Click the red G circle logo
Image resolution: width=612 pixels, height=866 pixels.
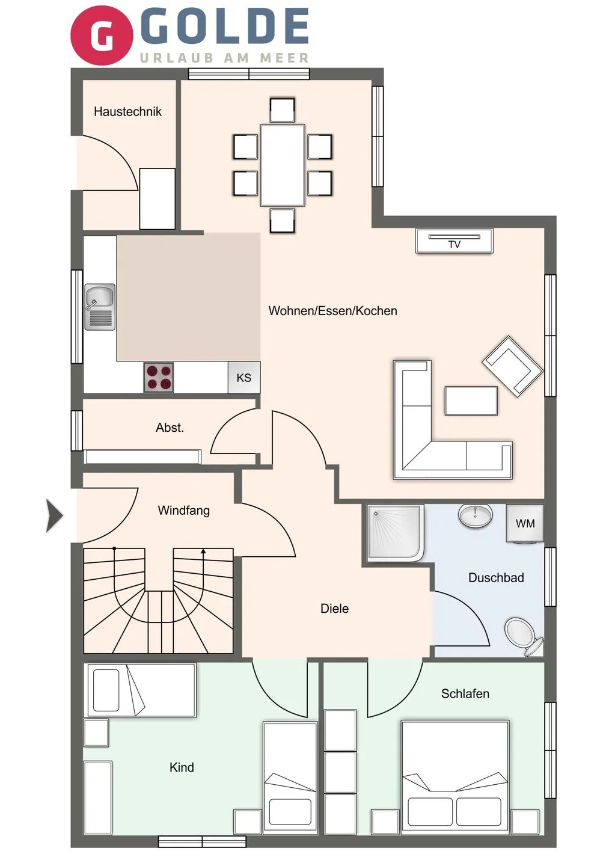click(x=101, y=35)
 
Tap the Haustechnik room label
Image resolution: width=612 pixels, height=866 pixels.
click(x=127, y=112)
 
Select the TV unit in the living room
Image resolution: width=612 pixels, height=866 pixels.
click(x=454, y=241)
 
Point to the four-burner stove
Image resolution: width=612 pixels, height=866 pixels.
click(x=159, y=377)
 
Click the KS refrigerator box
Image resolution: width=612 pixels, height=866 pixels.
click(x=243, y=378)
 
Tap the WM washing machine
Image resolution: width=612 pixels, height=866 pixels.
click(x=525, y=523)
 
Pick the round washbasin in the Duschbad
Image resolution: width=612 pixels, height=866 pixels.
click(x=476, y=515)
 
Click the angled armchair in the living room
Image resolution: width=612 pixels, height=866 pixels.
click(x=512, y=366)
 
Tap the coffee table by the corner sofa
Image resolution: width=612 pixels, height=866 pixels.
click(x=471, y=401)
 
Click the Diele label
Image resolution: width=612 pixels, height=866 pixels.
click(x=334, y=609)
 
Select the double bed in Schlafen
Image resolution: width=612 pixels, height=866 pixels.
click(x=454, y=776)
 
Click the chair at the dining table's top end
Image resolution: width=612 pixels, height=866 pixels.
click(x=282, y=110)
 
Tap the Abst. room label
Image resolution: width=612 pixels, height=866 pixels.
click(x=170, y=428)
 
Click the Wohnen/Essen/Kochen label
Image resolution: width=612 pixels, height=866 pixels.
click(x=332, y=311)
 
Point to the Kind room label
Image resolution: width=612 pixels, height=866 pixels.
click(x=182, y=767)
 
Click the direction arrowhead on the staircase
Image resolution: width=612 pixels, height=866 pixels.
click(x=203, y=551)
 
